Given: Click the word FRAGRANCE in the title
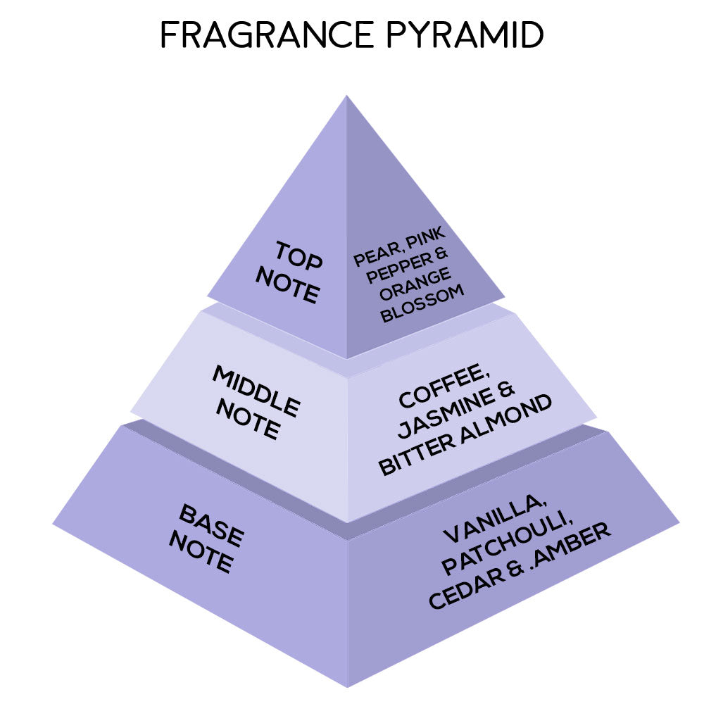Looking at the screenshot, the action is click(267, 34).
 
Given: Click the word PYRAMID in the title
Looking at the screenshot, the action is click(465, 34).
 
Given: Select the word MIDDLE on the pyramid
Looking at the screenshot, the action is click(256, 391).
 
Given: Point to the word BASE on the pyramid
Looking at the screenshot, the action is click(211, 525).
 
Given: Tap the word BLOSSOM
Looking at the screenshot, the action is click(422, 303).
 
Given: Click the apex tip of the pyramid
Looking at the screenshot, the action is click(346, 95).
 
